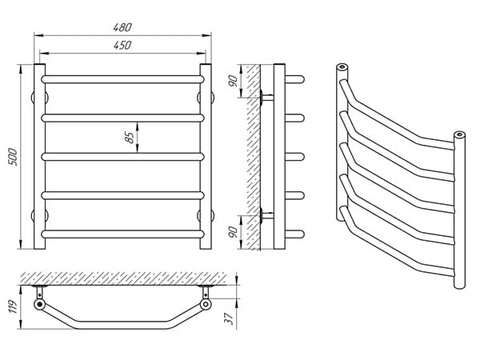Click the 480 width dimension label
[122, 27]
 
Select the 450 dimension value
[122, 46]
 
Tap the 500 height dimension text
[13, 157]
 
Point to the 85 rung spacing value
[130, 138]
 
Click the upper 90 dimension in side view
[234, 81]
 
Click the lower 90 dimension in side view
[234, 232]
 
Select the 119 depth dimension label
[13, 306]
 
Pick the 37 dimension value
[229, 318]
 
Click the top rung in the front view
[122, 79]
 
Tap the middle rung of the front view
[122, 157]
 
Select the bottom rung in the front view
[122, 234]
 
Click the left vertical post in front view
[39, 157]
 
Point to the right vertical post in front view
[206, 157]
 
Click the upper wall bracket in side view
[266, 98]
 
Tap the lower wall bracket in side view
[266, 215]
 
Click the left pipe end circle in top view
[39, 304]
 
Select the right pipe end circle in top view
[206, 304]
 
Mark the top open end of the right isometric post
[459, 134]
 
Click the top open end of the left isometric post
[342, 66]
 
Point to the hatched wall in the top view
[124, 278]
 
